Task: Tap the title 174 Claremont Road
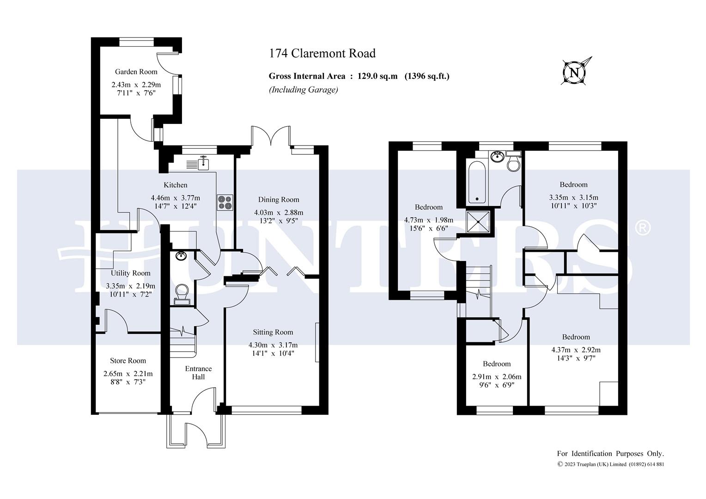pyautogui.click(x=322, y=53)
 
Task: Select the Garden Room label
pyautogui.click(x=136, y=72)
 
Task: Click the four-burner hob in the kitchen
pyautogui.click(x=225, y=202)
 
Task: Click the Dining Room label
pyautogui.click(x=279, y=200)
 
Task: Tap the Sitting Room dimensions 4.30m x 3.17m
pyautogui.click(x=273, y=345)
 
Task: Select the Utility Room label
pyautogui.click(x=130, y=273)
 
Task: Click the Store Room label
pyautogui.click(x=128, y=360)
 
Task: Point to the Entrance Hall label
pyautogui.click(x=198, y=372)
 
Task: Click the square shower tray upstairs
pyautogui.click(x=478, y=222)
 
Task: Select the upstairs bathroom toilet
pyautogui.click(x=513, y=161)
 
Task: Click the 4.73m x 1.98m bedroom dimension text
pyautogui.click(x=429, y=220)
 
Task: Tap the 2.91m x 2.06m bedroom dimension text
pyautogui.click(x=497, y=377)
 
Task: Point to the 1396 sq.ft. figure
pyautogui.click(x=427, y=76)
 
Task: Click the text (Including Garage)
pyautogui.click(x=303, y=90)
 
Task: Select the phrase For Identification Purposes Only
pyautogui.click(x=610, y=454)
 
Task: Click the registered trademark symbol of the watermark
pyautogui.click(x=642, y=228)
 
